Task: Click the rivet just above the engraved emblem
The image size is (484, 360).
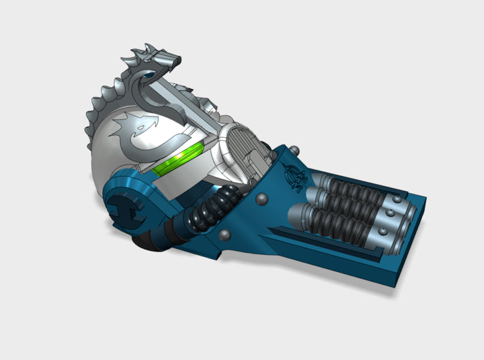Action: [x=294, y=151]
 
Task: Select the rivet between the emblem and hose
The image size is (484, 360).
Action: [x=262, y=200]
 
